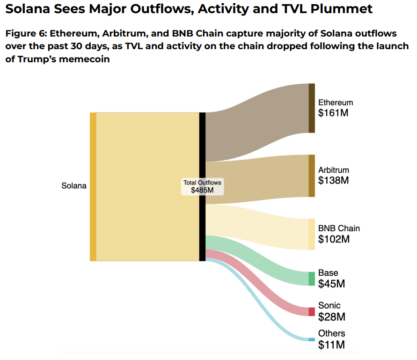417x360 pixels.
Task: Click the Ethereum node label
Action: coord(336,103)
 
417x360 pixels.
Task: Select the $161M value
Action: coord(334,113)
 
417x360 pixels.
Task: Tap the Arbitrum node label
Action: coord(334,170)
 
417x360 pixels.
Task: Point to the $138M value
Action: coord(334,181)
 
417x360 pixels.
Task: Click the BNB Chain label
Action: coord(339,228)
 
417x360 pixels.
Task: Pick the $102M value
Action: coord(334,240)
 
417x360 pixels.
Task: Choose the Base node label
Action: coord(328,273)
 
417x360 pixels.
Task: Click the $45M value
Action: coord(331,284)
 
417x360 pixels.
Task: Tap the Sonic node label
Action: coord(329,306)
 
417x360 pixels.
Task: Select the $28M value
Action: coord(331,317)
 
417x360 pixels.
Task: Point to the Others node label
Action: coord(332,334)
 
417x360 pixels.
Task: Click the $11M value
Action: coord(331,345)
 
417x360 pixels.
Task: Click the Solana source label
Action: coord(74,186)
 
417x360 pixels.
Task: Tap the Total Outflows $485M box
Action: coord(203,186)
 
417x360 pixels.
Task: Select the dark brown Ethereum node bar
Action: coord(312,108)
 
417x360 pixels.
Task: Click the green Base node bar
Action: coord(312,279)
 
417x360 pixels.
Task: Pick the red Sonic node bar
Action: coord(312,312)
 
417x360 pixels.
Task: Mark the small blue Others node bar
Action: coord(312,339)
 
